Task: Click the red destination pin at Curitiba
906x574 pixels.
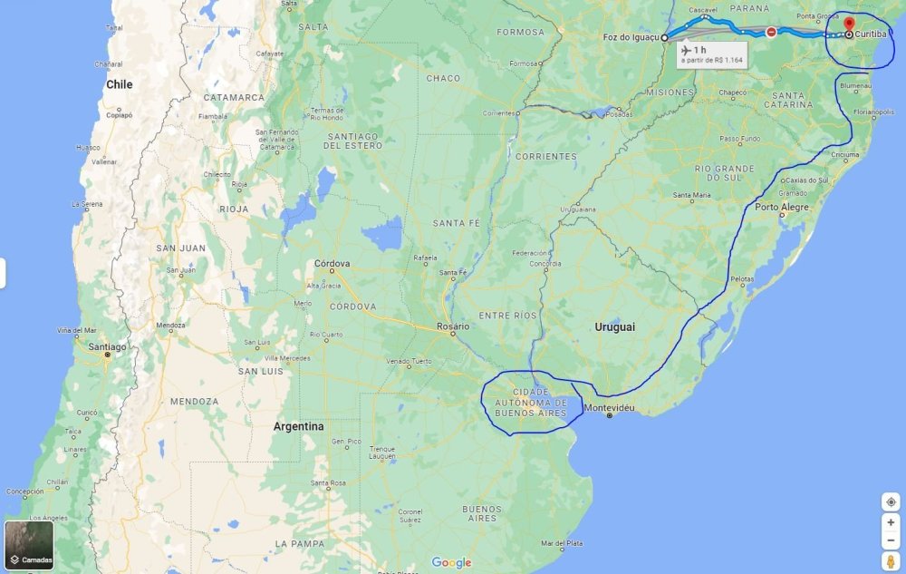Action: (849, 24)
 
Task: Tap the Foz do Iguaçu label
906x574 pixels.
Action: (631, 37)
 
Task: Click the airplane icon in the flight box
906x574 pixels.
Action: (686, 49)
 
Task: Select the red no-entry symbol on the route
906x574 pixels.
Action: (771, 32)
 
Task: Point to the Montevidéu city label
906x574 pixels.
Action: (610, 407)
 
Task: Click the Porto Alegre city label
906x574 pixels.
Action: (782, 207)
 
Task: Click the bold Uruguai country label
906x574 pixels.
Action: (614, 326)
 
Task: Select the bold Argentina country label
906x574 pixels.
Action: (298, 426)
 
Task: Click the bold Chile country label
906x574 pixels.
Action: (119, 84)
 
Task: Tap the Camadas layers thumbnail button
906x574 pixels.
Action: (29, 543)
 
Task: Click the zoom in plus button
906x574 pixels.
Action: (891, 522)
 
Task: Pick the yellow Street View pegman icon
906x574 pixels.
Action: (891, 561)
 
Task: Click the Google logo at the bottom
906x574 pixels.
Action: (451, 563)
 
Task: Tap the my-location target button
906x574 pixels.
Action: (891, 501)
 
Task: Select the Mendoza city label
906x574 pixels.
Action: (170, 325)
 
